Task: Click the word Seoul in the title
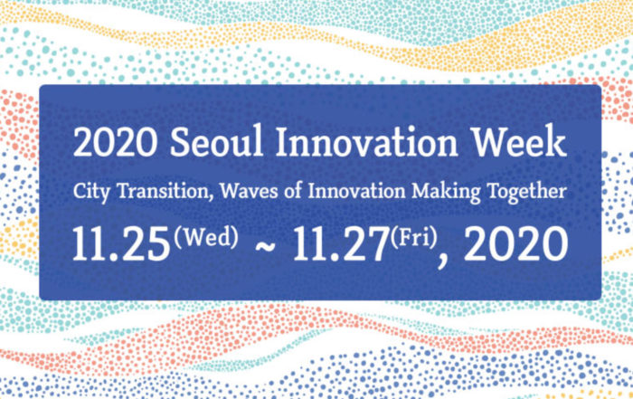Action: click(217, 141)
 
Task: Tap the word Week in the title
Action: click(520, 140)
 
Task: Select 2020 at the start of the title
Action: click(116, 142)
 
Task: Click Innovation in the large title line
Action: click(367, 141)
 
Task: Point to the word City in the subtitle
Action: click(91, 192)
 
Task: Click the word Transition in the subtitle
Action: click(163, 191)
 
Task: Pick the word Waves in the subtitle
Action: click(249, 191)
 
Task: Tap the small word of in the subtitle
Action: click(294, 191)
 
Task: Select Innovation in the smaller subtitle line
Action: click(356, 191)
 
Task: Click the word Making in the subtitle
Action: click(446, 192)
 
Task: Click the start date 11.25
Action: click(120, 244)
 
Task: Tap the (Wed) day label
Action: click(206, 237)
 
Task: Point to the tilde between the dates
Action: click(266, 246)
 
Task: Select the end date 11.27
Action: click(341, 244)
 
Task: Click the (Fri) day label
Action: click(414, 237)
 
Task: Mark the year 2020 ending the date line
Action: click(516, 244)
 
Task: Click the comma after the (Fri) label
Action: click(442, 261)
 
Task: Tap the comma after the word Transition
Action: click(211, 199)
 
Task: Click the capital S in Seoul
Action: click(180, 142)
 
